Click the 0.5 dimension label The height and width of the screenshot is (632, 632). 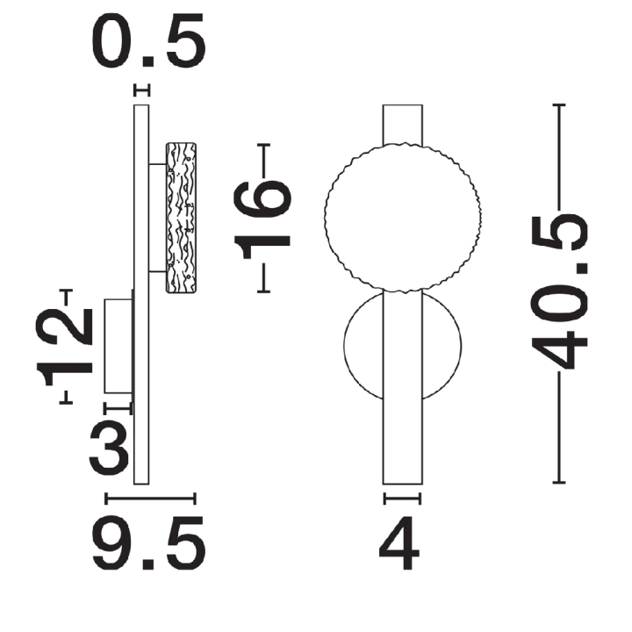click(x=148, y=40)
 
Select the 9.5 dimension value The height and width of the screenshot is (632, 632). click(x=149, y=543)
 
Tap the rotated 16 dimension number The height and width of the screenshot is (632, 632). click(x=262, y=220)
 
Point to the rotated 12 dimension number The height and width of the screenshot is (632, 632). click(x=65, y=347)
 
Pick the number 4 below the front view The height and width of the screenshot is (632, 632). click(x=399, y=543)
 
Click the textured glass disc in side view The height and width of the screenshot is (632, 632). click(x=182, y=218)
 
